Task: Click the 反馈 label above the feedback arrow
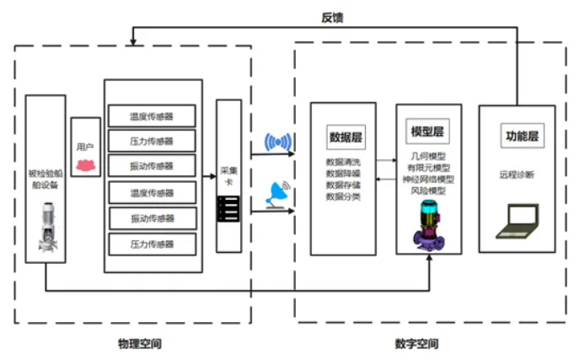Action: pyautogui.click(x=332, y=16)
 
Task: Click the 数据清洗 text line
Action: pyautogui.click(x=343, y=161)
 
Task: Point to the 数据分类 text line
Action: pyautogui.click(x=343, y=196)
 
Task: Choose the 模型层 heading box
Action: pyautogui.click(x=427, y=132)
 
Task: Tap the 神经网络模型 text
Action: pyautogui.click(x=427, y=180)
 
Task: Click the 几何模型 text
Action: pyautogui.click(x=427, y=156)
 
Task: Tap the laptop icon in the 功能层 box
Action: pyautogui.click(x=516, y=221)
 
